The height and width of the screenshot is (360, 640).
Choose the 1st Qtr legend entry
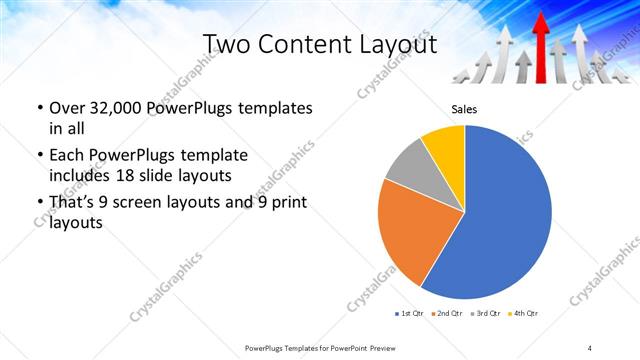[x=410, y=314]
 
